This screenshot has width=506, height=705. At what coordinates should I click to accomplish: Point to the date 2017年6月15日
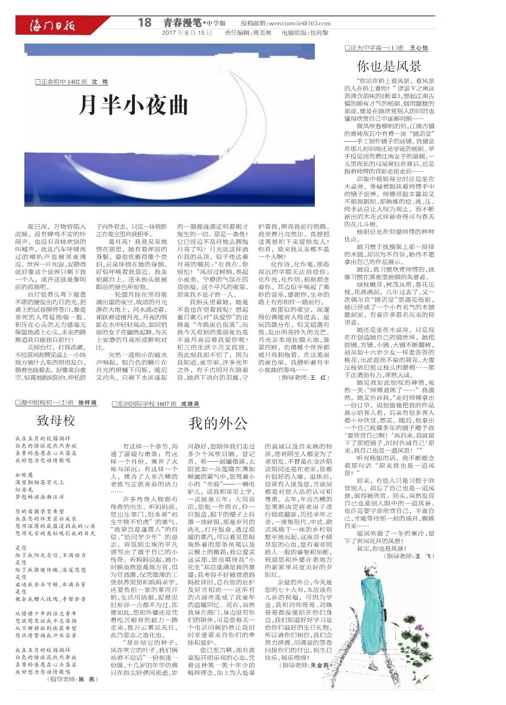tap(187, 33)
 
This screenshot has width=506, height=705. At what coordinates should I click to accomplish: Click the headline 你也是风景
tap(389, 65)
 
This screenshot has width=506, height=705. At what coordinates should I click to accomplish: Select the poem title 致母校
tap(56, 420)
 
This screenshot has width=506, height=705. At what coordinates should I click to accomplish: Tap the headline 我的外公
tap(218, 423)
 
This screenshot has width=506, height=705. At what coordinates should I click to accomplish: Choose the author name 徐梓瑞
tap(87, 402)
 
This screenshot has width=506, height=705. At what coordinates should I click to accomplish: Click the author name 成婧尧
tap(190, 404)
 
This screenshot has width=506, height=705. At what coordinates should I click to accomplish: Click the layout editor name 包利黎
tap(319, 33)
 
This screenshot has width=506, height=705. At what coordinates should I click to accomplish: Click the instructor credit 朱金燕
tap(320, 665)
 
